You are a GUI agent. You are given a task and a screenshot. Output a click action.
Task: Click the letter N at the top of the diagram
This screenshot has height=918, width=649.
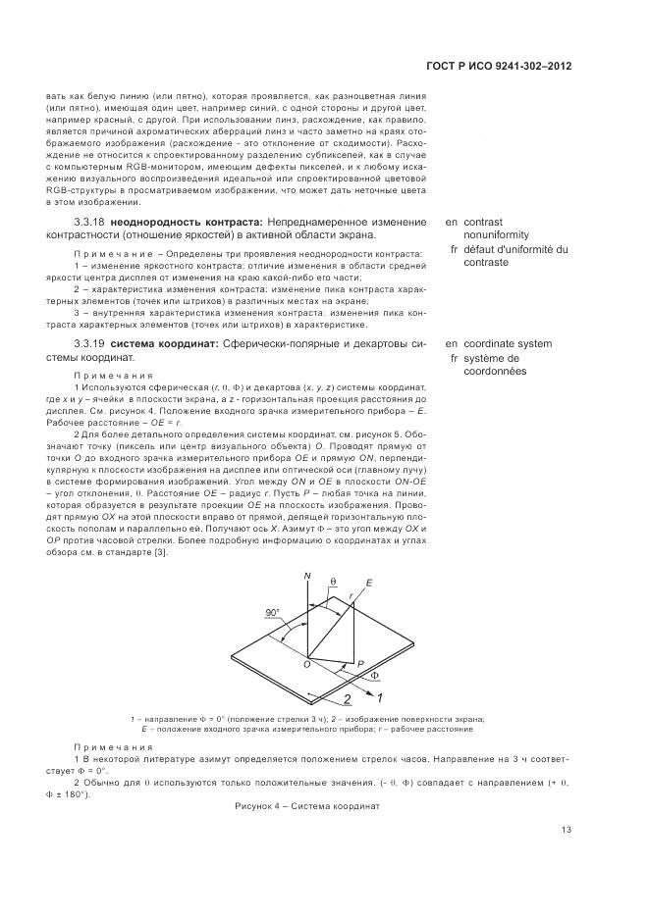[307, 575]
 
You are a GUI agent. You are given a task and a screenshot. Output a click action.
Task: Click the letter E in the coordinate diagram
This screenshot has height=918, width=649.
[369, 583]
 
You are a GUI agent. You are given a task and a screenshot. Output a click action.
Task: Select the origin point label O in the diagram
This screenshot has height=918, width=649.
[305, 664]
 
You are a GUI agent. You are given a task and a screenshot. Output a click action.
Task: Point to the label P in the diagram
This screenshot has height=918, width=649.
[361, 664]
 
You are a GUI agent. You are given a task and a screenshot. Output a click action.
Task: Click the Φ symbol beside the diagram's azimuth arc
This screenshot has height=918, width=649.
[374, 676]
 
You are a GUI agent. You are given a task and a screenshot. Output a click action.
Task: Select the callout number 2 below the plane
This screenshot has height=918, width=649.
[348, 700]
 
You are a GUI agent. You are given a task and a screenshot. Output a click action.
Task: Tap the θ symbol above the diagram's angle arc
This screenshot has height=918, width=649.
[333, 582]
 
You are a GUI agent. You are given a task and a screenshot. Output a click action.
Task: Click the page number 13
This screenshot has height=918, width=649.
[567, 830]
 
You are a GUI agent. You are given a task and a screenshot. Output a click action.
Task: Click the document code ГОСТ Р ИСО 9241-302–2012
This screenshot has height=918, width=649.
[499, 66]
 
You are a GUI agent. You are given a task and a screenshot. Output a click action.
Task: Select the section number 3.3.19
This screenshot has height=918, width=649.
[89, 344]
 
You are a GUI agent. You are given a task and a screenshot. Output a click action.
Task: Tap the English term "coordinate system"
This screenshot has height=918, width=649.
[508, 344]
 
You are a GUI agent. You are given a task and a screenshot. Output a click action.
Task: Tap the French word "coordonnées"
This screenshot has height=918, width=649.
[497, 372]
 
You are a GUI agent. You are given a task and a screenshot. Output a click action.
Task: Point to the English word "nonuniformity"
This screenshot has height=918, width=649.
[496, 235]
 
